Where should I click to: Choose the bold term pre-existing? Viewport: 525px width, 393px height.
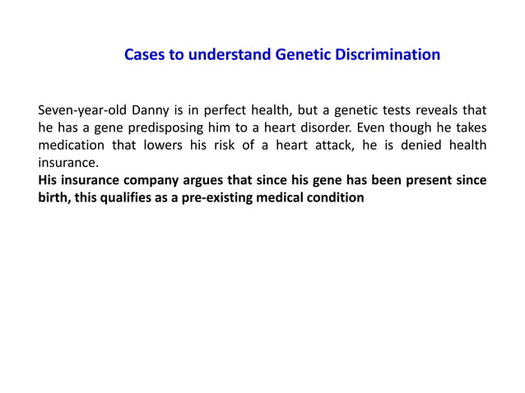227,199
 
